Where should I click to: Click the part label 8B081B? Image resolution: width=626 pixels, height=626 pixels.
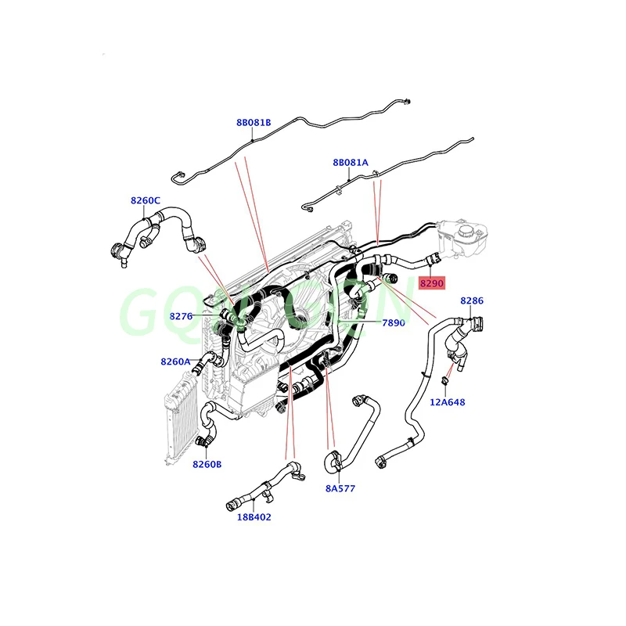[254, 122]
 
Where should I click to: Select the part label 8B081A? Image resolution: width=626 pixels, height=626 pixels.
[350, 163]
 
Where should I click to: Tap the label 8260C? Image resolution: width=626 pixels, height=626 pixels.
[146, 200]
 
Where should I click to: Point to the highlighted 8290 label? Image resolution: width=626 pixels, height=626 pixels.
[431, 282]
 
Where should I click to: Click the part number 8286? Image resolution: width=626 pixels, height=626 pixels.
[471, 300]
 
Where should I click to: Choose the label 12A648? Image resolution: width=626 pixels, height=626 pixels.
[448, 403]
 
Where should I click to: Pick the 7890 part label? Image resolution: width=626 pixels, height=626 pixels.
[394, 322]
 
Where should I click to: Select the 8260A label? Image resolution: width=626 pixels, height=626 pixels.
[175, 362]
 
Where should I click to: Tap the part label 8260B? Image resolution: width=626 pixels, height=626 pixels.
[207, 464]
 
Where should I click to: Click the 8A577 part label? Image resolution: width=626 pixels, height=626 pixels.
[340, 488]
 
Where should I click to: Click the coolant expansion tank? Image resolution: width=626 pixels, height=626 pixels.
[463, 239]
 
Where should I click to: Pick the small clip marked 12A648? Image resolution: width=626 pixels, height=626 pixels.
[444, 381]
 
